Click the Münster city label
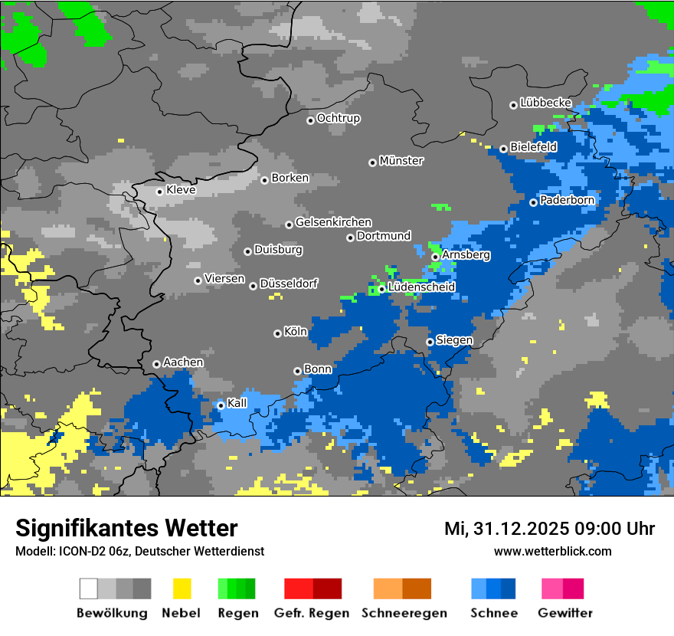tap(401, 161)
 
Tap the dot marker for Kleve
tap(159, 192)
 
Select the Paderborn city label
tap(567, 200)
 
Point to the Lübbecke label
tap(545, 103)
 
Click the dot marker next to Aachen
tap(156, 364)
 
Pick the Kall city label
tap(237, 403)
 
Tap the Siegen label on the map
tap(454, 340)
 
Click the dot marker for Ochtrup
tap(310, 120)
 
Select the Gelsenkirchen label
tap(333, 222)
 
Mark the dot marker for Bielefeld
tap(503, 149)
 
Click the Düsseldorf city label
tap(289, 284)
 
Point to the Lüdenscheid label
tap(421, 287)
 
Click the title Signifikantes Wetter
tap(126, 528)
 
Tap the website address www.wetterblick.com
tap(552, 551)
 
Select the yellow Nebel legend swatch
tap(182, 588)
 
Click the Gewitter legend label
tap(564, 613)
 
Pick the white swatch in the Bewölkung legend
tap(88, 588)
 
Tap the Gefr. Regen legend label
tap(312, 613)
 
